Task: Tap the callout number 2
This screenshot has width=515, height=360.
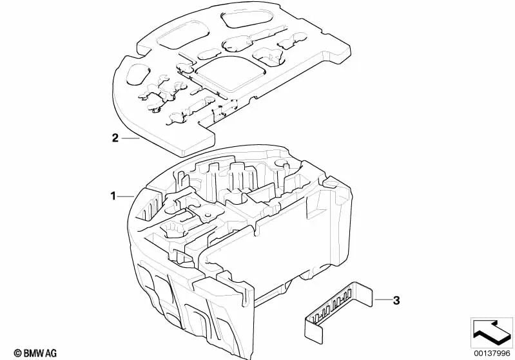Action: [x=115, y=137]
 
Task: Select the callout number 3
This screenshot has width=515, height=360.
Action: [x=396, y=300]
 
